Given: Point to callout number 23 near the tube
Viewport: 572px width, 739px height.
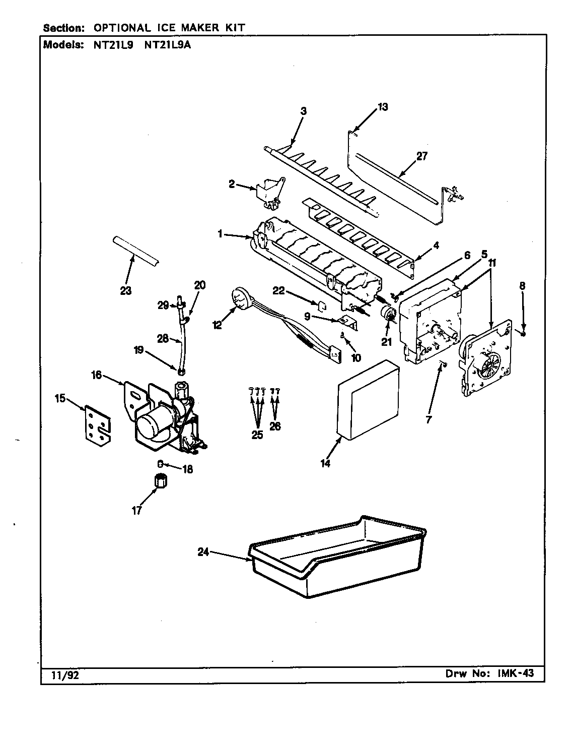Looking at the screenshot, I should point(125,291).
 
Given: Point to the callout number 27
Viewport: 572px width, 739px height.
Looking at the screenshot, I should point(421,156).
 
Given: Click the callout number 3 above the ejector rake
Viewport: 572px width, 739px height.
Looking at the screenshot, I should point(303,111).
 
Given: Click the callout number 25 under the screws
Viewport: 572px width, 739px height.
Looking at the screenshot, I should point(257,435).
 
